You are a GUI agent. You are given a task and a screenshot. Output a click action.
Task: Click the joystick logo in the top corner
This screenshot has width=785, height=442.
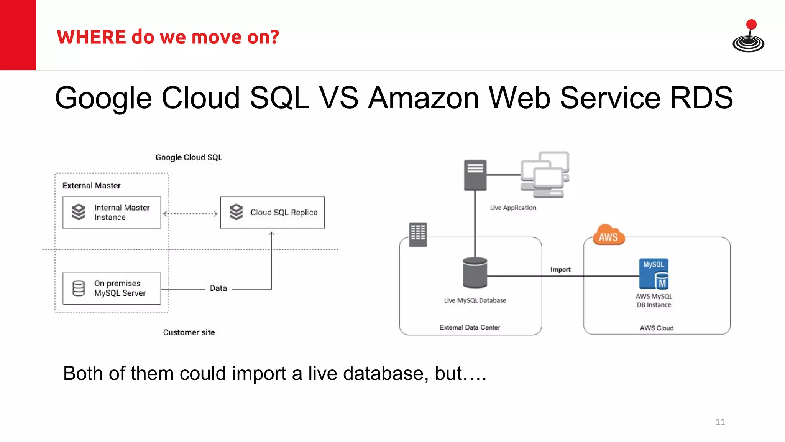point(748,37)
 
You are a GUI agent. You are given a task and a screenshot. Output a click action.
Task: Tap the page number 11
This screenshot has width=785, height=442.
point(720,422)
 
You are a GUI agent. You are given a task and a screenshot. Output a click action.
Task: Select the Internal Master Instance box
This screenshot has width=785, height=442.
point(112,213)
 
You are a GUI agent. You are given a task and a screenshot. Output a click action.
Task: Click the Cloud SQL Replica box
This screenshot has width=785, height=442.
point(272,213)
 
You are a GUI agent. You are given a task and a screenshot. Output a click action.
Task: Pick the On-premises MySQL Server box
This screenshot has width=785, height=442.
point(112,288)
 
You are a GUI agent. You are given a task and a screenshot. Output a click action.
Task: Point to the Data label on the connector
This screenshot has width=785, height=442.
point(218,288)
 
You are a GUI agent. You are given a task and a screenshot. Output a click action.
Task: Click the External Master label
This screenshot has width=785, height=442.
point(92,186)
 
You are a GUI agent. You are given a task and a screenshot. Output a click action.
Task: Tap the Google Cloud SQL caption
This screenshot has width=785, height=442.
point(189,157)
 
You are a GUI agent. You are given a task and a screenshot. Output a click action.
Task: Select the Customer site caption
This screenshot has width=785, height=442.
point(189,332)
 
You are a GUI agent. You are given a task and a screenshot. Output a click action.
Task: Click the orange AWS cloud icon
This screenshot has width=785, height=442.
point(608,236)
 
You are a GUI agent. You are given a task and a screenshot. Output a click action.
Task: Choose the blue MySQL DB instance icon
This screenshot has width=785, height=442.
point(654,274)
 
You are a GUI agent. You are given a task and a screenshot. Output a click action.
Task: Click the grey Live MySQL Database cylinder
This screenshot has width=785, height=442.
point(475,273)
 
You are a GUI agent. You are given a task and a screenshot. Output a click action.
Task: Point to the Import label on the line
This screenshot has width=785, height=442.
point(560,270)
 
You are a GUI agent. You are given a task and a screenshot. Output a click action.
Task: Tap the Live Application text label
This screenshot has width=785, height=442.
point(513,208)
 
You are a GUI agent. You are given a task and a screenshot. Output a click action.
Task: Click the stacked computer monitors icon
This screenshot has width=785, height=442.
point(545,174)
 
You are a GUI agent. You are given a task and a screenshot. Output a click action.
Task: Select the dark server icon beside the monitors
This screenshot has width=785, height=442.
point(475,175)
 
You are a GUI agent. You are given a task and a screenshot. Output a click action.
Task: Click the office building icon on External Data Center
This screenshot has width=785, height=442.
point(418,234)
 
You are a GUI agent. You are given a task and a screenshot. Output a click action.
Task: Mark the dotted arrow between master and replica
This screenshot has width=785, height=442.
point(191,214)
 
